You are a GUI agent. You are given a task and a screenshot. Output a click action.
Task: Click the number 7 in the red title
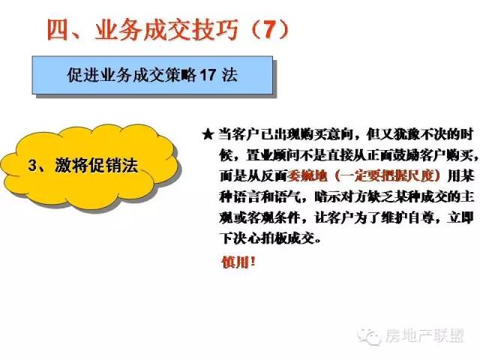pyautogui.click(x=270, y=30)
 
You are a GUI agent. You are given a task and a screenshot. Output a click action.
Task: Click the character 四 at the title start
pyautogui.click(x=58, y=30)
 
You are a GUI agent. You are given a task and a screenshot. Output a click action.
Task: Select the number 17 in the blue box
pyautogui.click(x=208, y=75)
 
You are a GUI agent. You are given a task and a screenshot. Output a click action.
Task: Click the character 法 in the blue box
pyautogui.click(x=229, y=75)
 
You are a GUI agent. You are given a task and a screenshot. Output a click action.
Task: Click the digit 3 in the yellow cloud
pyautogui.click(x=32, y=165)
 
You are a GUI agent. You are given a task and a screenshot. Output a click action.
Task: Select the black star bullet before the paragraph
pyautogui.click(x=208, y=134)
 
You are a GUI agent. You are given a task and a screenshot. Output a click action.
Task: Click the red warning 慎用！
pyautogui.click(x=238, y=262)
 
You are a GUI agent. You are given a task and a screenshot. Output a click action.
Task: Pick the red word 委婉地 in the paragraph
pyautogui.click(x=307, y=176)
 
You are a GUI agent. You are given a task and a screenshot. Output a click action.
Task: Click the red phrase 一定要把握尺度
pyautogui.click(x=388, y=176)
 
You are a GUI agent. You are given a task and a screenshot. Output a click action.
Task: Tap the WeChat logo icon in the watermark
pyautogui.click(x=370, y=336)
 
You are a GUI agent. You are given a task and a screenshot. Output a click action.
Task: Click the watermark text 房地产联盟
pyautogui.click(x=425, y=335)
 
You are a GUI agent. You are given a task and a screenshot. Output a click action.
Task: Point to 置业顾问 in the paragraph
pyautogui.click(x=273, y=155)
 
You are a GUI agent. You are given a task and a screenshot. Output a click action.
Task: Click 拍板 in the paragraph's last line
pyautogui.click(x=274, y=238)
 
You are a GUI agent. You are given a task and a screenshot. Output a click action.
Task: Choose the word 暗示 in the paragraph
pyautogui.click(x=328, y=197)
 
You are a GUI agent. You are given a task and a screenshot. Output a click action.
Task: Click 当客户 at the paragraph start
pyautogui.click(x=238, y=135)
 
